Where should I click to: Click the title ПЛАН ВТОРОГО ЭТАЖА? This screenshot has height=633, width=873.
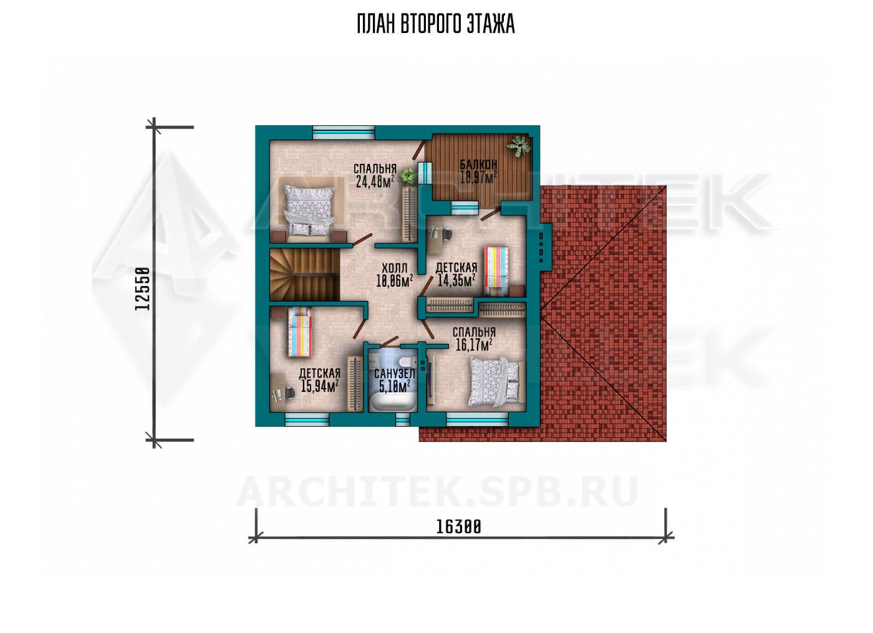coord(436,24)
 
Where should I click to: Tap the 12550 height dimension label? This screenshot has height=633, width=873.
coord(142,288)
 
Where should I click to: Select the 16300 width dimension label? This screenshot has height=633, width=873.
coord(458,527)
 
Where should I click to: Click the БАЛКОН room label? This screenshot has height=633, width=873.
coord(478,164)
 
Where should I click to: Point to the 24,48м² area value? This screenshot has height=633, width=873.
coord(375,181)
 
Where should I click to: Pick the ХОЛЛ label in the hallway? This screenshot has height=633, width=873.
coord(394,269)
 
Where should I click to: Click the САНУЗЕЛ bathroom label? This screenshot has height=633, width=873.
coord(394,374)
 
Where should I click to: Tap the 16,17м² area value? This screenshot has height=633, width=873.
coord(474,345)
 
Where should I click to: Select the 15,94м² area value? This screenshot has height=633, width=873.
coord(319,386)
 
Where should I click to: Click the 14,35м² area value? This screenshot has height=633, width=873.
coord(456,280)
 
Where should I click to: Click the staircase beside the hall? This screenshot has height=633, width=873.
coord(304,275)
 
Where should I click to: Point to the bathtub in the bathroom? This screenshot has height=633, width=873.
coord(392,401)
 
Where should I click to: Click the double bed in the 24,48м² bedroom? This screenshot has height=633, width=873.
coord(309,210)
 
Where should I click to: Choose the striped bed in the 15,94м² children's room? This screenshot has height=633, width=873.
coord(300,332)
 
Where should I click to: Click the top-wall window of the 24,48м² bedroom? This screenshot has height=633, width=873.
coord(344,132)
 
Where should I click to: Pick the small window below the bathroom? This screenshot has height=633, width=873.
coord(403,420)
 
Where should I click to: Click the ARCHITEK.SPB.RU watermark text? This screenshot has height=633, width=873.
coord(437,492)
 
